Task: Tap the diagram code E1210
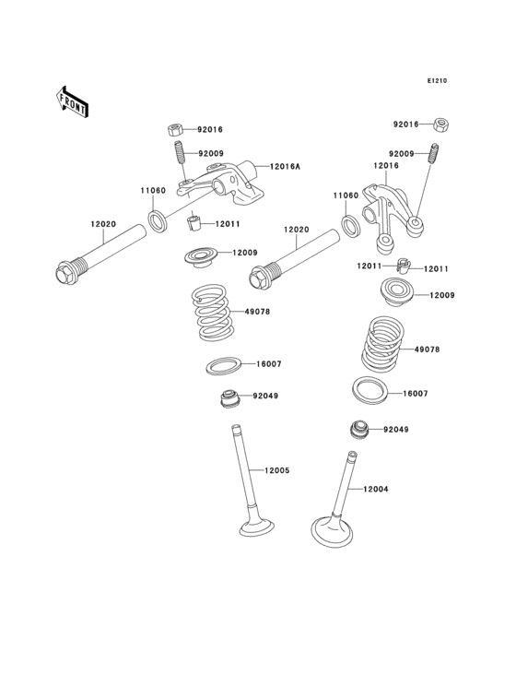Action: click(x=436, y=81)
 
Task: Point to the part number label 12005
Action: click(x=277, y=470)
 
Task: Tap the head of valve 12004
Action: click(x=336, y=532)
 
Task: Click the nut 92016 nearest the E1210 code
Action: click(x=441, y=124)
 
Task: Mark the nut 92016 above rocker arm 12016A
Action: click(x=175, y=130)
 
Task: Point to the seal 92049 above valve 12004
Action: click(x=358, y=430)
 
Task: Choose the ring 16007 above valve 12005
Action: click(x=224, y=365)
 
